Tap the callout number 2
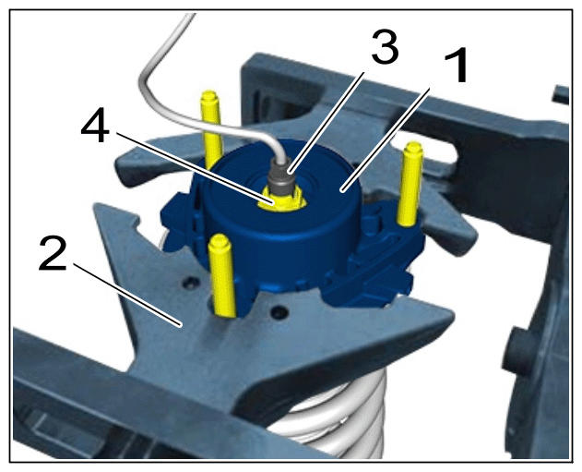tap(53, 254)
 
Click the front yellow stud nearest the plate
tap(222, 276)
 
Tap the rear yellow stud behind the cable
tap(211, 127)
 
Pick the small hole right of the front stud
tap(279, 311)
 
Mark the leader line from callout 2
tap(127, 295)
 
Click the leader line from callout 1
tap(386, 139)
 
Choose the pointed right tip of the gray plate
tap(452, 317)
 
